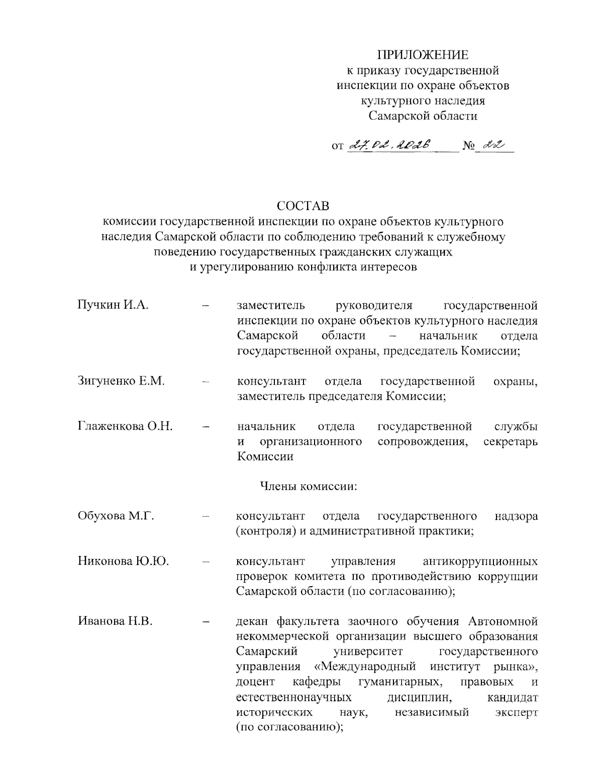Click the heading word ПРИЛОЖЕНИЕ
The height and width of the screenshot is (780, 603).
click(423, 54)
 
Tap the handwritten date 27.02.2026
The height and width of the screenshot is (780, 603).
click(388, 145)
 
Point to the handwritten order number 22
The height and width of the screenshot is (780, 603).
click(490, 145)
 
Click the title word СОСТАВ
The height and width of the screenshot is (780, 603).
click(303, 206)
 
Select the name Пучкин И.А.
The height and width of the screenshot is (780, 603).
click(113, 305)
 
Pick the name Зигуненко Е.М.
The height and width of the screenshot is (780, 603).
click(121, 381)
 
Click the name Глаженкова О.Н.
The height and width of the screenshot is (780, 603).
click(125, 426)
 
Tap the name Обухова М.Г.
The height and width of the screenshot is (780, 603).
click(116, 516)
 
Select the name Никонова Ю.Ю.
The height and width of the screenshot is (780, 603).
click(123, 561)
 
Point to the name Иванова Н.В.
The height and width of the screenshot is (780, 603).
click(115, 621)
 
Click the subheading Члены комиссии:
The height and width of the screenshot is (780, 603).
click(308, 486)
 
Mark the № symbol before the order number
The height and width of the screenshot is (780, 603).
click(468, 146)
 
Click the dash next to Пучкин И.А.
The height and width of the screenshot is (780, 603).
click(205, 306)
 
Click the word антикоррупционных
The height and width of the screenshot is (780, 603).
click(480, 561)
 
